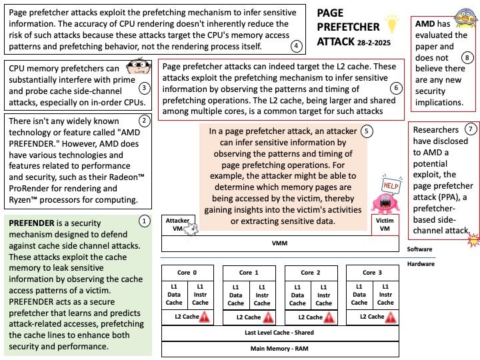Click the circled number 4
296,46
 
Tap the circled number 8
467,57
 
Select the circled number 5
367,131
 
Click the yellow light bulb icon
391,24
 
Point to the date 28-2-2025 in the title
374,43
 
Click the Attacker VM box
179,225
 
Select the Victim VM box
385,225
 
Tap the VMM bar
280,244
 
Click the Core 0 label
187,273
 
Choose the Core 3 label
372,273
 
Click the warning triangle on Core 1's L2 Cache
268,318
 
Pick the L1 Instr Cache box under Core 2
324,295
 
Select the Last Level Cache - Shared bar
280,333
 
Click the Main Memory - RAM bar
280,349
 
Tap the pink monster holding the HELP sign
385,203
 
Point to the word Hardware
421,264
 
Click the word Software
419,249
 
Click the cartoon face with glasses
139,66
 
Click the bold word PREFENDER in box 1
31,223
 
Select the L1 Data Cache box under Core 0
174,295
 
